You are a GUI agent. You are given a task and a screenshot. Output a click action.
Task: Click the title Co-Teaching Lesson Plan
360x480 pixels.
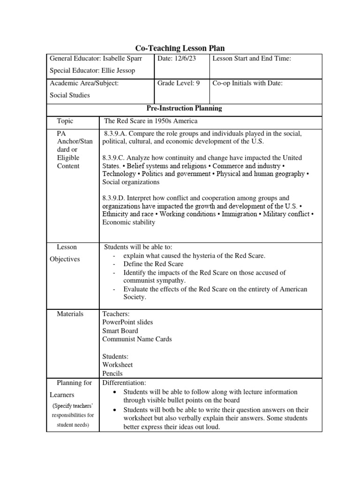pyautogui.click(x=180, y=48)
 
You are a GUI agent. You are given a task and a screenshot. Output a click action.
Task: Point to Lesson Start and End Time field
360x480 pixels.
pyautogui.click(x=252, y=58)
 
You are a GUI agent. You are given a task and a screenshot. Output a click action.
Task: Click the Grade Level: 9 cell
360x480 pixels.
pyautogui.click(x=179, y=83)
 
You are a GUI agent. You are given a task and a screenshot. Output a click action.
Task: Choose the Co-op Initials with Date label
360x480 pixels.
pyautogui.click(x=247, y=83)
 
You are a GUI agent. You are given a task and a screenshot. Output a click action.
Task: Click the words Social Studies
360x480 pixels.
pyautogui.click(x=70, y=95)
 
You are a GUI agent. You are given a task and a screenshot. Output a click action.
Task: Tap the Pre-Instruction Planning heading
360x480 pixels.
pyautogui.click(x=184, y=108)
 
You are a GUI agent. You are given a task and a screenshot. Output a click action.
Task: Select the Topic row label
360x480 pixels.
pyautogui.click(x=65, y=121)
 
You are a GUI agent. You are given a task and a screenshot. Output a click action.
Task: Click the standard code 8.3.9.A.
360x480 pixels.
pyautogui.click(x=118, y=134)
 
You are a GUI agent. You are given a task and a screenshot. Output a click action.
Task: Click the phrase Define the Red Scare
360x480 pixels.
pyautogui.click(x=153, y=264)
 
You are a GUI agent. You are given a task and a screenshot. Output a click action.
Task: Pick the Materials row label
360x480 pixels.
pyautogui.click(x=70, y=314)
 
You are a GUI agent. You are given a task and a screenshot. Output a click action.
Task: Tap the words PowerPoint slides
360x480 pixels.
pyautogui.click(x=127, y=322)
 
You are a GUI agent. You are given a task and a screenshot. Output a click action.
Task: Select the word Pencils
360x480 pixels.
pyautogui.click(x=112, y=374)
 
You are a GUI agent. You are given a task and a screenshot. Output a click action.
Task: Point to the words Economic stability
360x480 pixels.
pyautogui.click(x=128, y=222)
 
